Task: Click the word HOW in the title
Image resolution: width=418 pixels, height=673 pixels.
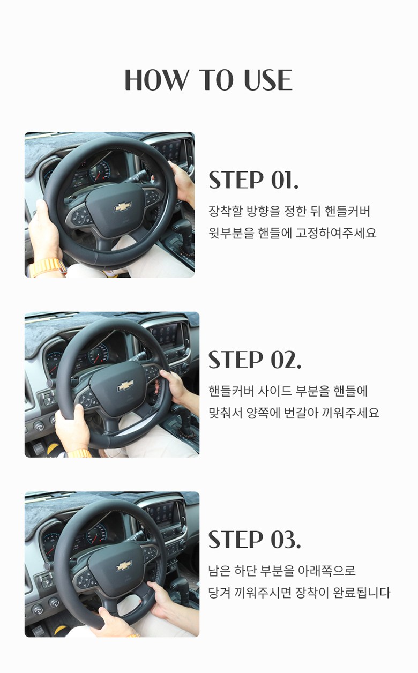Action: click(155, 80)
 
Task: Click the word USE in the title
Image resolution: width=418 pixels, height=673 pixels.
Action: click(268, 80)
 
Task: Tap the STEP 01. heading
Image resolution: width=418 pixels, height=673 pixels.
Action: click(253, 180)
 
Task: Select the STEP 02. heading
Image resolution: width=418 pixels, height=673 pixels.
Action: click(255, 360)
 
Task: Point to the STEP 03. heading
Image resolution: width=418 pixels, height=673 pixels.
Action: click(255, 540)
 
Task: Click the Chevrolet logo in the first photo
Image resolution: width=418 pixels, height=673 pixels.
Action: click(122, 207)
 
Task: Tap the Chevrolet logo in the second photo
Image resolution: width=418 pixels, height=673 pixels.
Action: click(125, 386)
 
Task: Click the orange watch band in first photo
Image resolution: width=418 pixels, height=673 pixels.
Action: click(48, 268)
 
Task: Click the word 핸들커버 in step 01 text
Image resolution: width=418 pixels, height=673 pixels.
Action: click(347, 211)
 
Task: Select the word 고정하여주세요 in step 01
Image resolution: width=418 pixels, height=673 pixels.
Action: click(336, 233)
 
